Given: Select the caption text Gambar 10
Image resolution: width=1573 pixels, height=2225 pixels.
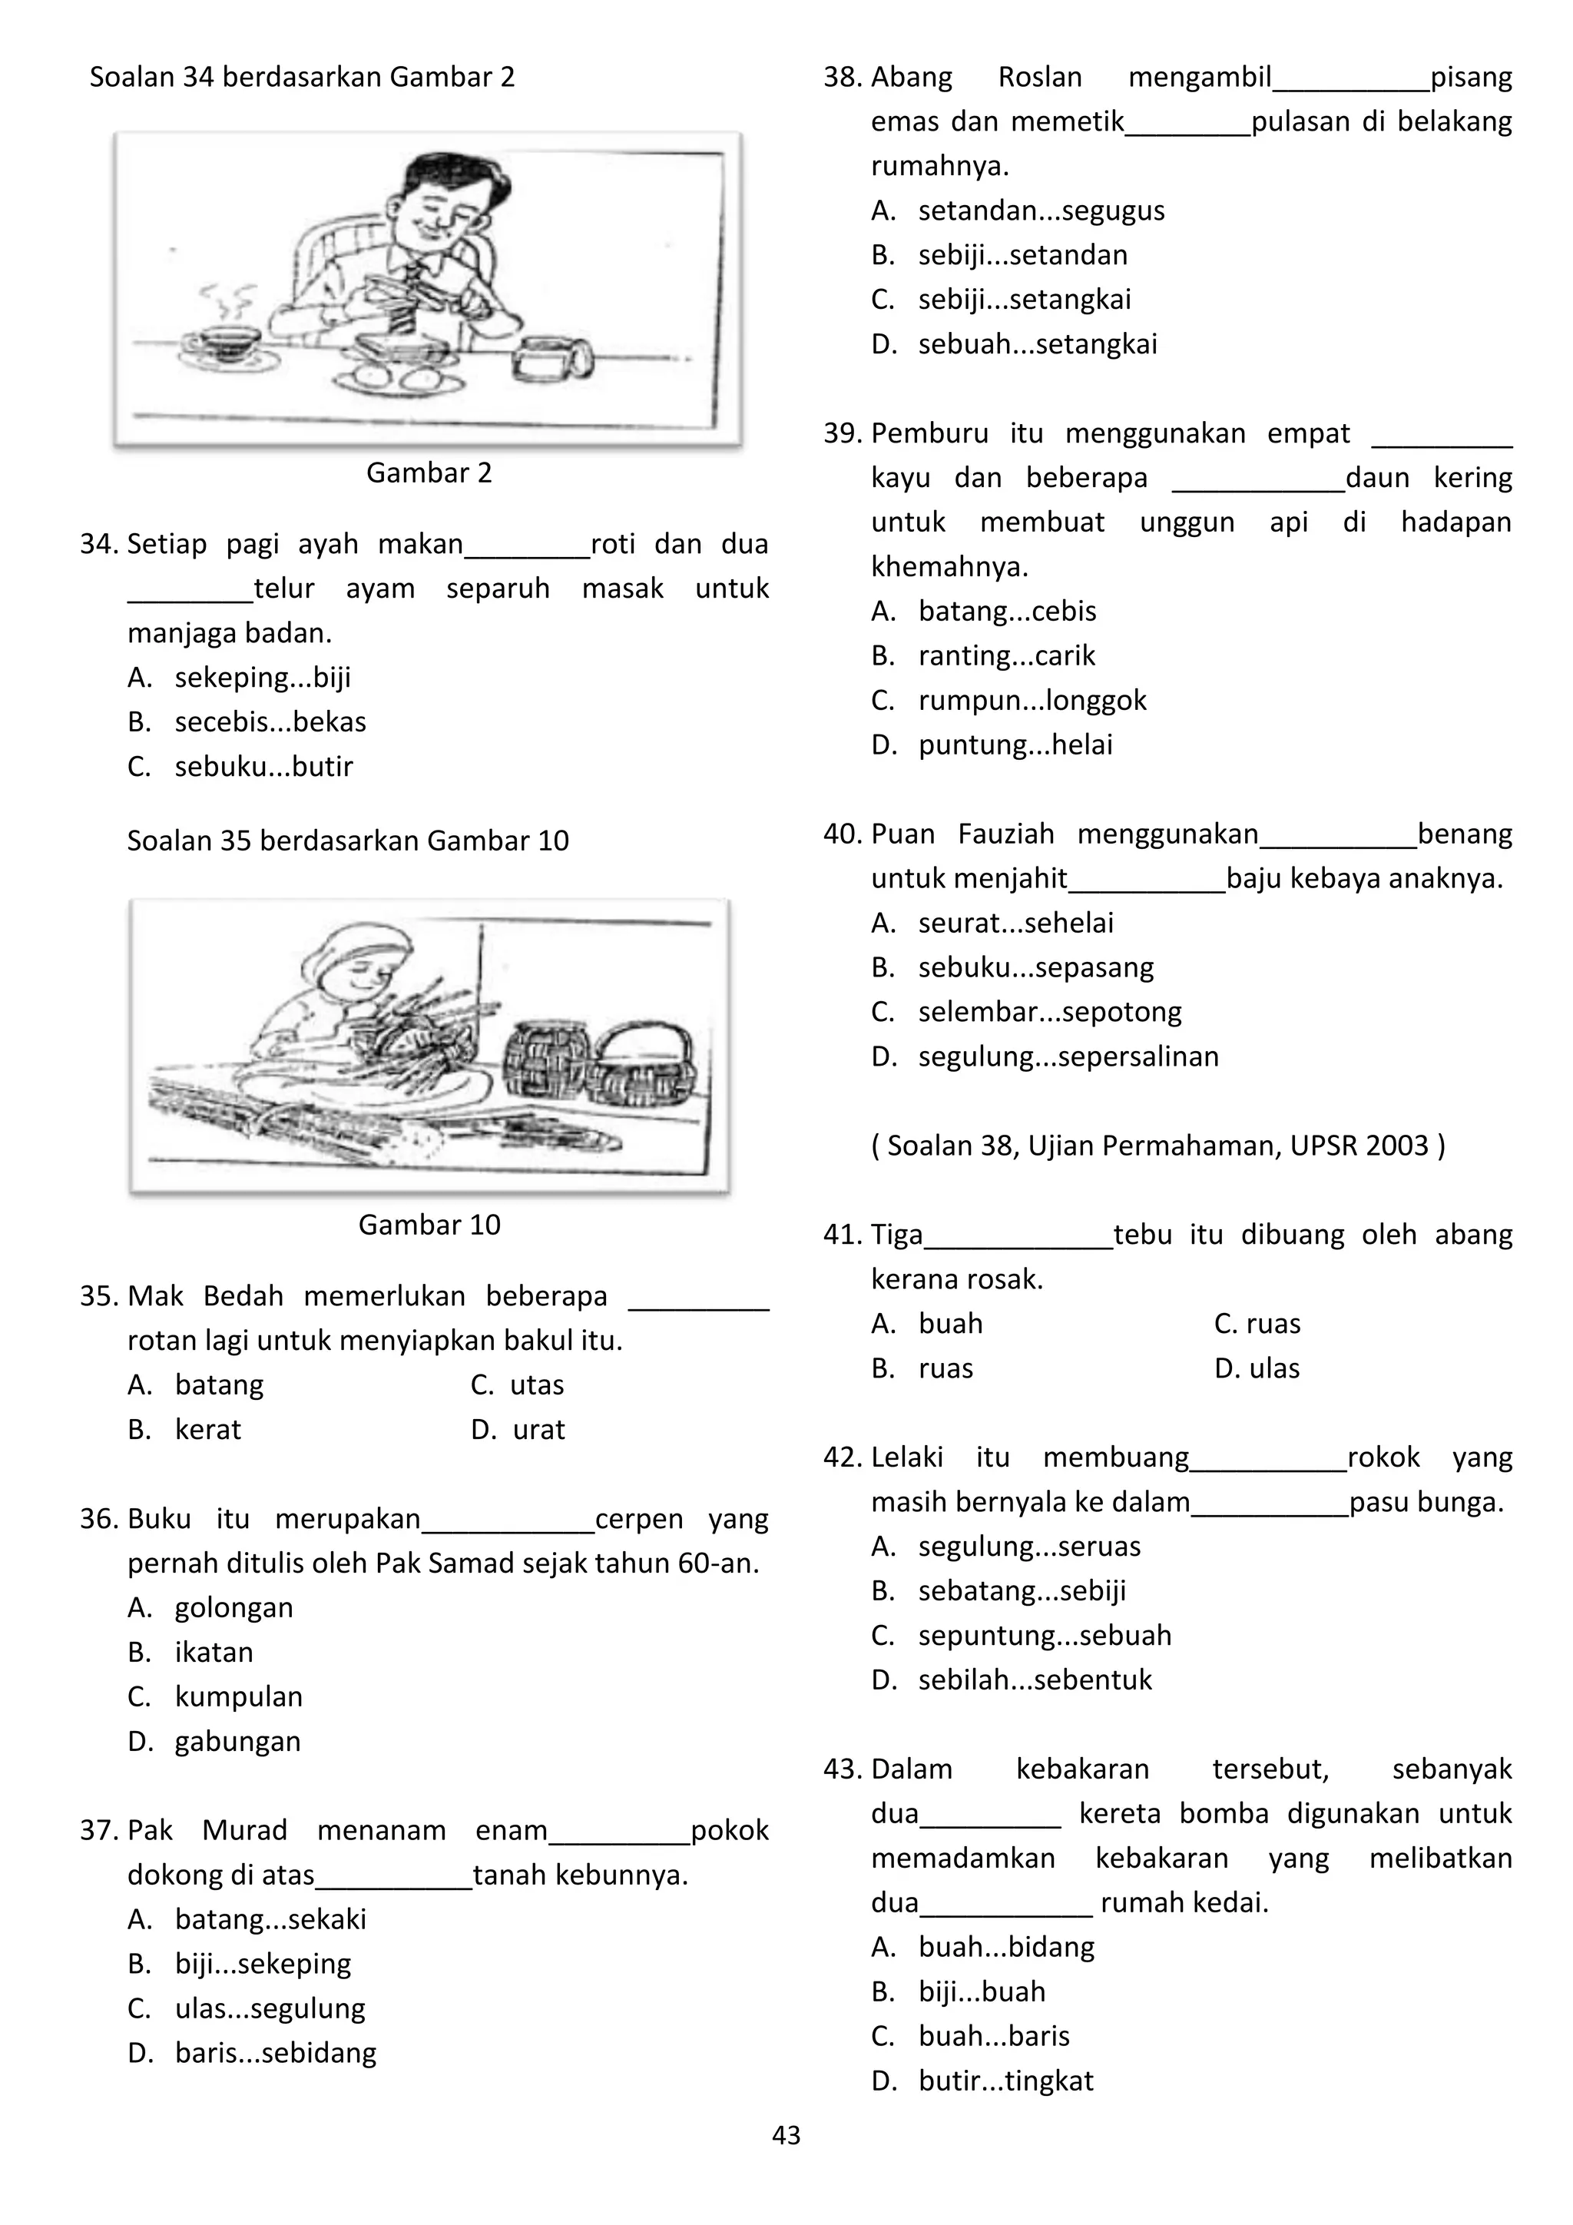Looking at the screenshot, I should tap(429, 1225).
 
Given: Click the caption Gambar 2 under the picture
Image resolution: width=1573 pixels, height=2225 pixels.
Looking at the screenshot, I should tap(429, 473).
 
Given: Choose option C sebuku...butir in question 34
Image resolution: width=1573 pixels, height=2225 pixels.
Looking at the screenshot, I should tap(263, 767).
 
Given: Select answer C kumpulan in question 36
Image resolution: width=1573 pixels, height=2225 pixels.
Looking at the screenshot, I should tap(238, 1697).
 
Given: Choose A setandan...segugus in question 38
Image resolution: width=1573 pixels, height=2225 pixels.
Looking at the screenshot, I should tap(1041, 211).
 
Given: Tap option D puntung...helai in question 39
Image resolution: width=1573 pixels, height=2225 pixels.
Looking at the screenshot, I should tap(1015, 745).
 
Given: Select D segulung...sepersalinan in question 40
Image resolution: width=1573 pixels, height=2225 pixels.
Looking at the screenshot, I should tap(1068, 1056).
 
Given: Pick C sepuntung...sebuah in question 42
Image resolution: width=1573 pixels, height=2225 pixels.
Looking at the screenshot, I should tap(1044, 1636).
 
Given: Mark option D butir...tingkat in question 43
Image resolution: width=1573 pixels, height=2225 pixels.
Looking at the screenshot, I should tap(1005, 2081).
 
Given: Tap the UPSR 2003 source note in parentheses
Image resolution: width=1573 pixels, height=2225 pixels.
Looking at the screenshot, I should tap(1158, 1146).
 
